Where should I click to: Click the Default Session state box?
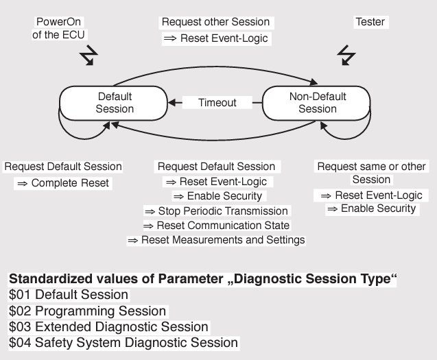(x=115, y=103)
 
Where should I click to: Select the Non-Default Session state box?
(x=317, y=103)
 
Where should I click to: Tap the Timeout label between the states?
(x=217, y=103)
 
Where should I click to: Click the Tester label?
(x=370, y=22)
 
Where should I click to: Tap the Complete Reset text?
(x=62, y=183)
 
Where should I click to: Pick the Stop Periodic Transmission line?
(x=215, y=211)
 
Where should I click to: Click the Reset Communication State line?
(x=215, y=225)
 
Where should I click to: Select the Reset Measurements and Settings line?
(x=215, y=240)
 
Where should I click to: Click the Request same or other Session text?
(x=371, y=173)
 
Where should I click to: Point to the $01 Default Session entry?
(x=68, y=295)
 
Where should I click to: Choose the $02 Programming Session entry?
(x=87, y=311)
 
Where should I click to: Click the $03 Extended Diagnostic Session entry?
(x=108, y=326)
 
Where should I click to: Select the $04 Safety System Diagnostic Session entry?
(x=123, y=342)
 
